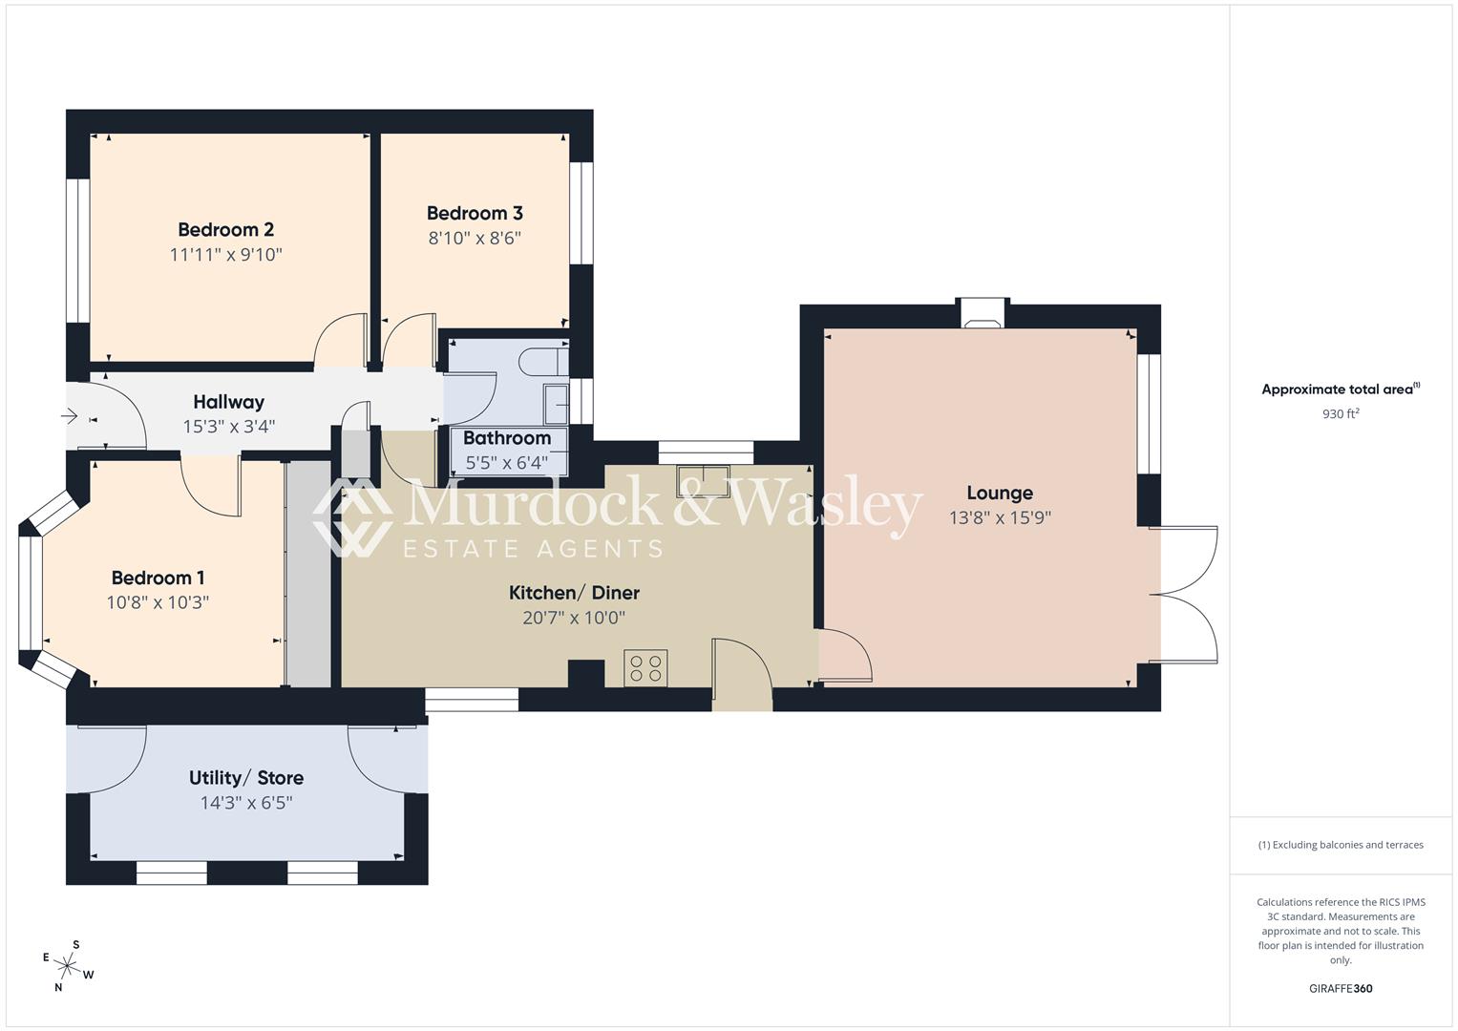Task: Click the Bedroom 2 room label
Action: point(225,229)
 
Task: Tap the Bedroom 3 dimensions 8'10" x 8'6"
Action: point(475,238)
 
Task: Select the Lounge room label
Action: point(1000,493)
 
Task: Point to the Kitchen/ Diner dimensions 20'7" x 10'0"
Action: point(574,618)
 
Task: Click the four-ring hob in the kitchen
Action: point(645,666)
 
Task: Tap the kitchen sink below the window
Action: point(703,481)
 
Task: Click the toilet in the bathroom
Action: point(539,361)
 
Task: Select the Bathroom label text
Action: point(507,438)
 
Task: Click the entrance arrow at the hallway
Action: point(70,416)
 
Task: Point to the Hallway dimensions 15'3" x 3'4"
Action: point(228,427)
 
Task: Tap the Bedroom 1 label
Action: point(158,578)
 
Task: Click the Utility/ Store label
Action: point(246,778)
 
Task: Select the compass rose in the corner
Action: point(68,966)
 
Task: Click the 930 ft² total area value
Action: point(1341,414)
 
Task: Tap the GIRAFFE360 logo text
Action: point(1341,988)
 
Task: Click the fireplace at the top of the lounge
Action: point(983,314)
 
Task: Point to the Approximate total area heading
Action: point(1341,389)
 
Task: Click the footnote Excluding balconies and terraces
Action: point(1341,845)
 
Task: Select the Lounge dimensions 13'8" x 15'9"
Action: point(1000,518)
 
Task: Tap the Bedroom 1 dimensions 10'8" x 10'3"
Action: point(158,602)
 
